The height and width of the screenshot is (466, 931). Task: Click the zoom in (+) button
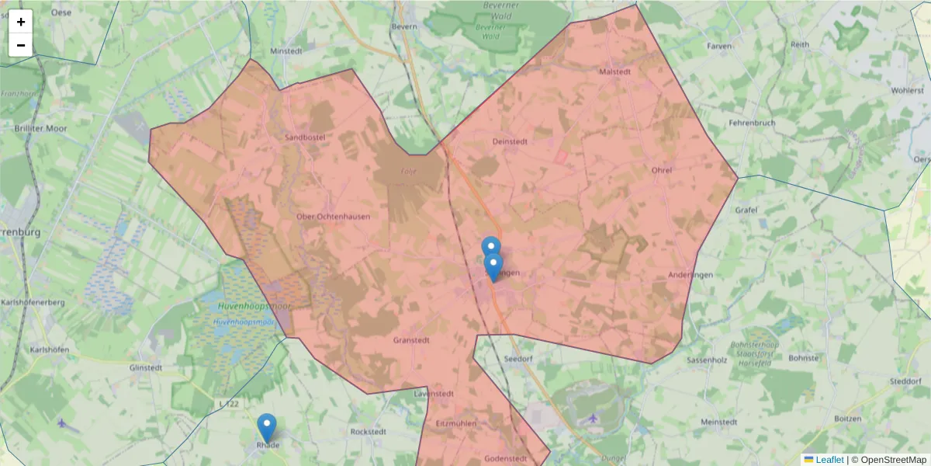21,22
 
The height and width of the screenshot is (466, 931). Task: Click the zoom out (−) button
21,45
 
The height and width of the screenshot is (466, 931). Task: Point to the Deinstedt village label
510,141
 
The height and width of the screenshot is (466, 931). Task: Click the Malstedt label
615,71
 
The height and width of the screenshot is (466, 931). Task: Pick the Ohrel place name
662,169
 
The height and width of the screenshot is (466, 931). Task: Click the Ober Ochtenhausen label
334,217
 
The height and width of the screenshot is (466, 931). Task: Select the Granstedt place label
411,340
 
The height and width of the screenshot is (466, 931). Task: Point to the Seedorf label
518,360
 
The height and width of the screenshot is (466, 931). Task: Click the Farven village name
719,46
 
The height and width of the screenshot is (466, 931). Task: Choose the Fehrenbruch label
752,123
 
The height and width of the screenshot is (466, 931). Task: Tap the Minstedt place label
286,50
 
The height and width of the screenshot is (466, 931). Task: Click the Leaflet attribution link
829,460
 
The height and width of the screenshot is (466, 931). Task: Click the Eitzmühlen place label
456,424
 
